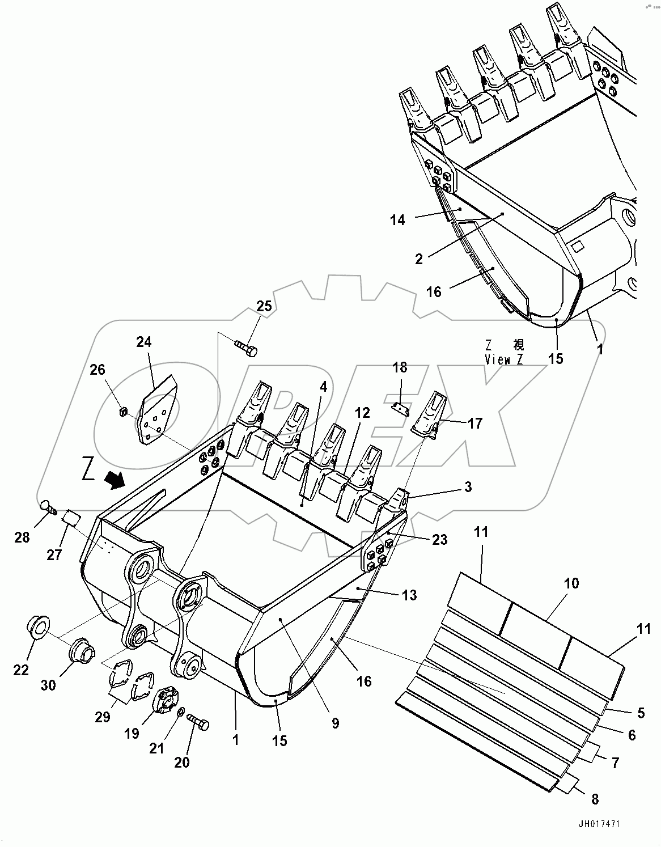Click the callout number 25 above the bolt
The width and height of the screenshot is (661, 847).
264,306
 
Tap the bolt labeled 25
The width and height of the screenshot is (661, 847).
246,347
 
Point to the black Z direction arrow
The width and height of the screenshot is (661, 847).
116,481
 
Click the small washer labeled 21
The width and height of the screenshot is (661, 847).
180,712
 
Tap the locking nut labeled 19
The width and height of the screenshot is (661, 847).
166,699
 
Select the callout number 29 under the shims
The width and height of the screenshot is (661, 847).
103,717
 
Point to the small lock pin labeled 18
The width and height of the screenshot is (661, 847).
402,409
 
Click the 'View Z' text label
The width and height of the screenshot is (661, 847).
504,359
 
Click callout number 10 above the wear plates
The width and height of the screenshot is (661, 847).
571,583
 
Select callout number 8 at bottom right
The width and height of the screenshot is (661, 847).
595,799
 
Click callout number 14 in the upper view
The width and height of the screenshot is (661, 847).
397,220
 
